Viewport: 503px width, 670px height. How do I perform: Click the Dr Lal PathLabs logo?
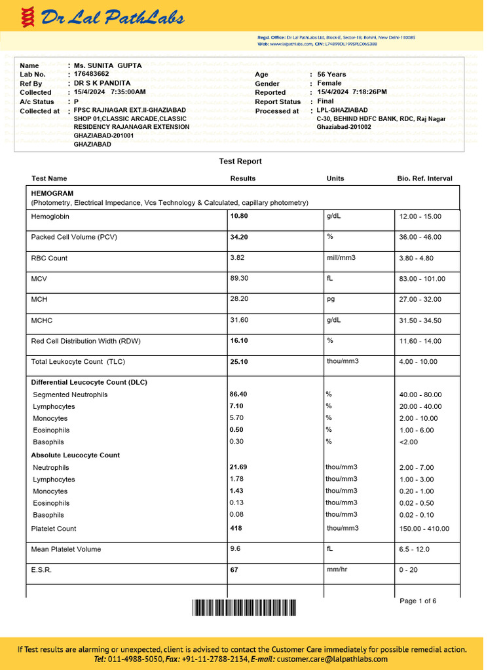[x=102, y=18]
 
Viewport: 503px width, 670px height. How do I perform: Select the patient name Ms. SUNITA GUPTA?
[x=107, y=65]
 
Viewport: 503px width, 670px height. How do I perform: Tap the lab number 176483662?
[x=92, y=75]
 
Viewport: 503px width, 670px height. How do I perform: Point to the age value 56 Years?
[x=331, y=75]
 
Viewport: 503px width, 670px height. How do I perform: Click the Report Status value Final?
[x=326, y=101]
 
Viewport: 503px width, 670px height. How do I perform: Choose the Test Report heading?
[x=240, y=162]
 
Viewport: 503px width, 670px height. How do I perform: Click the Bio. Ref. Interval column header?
[x=424, y=179]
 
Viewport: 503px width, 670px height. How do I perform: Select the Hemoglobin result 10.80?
[x=239, y=216]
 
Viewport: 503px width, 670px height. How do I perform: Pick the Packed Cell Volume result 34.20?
[x=239, y=237]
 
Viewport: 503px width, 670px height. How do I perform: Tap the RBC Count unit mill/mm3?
[x=341, y=258]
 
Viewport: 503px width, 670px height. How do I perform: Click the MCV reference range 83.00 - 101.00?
[x=422, y=279]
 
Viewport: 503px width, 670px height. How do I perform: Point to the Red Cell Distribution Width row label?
[x=86, y=341]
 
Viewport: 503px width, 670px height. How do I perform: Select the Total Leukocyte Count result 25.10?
[x=239, y=362]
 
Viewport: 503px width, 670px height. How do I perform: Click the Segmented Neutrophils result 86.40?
[x=238, y=395]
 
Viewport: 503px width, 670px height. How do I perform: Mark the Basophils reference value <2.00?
[x=409, y=442]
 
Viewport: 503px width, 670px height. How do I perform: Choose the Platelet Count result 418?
[x=235, y=528]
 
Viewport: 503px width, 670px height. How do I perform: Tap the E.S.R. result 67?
[x=234, y=570]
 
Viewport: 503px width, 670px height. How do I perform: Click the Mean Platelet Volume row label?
[x=66, y=550]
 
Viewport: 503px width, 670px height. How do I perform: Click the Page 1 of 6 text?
[x=418, y=601]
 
